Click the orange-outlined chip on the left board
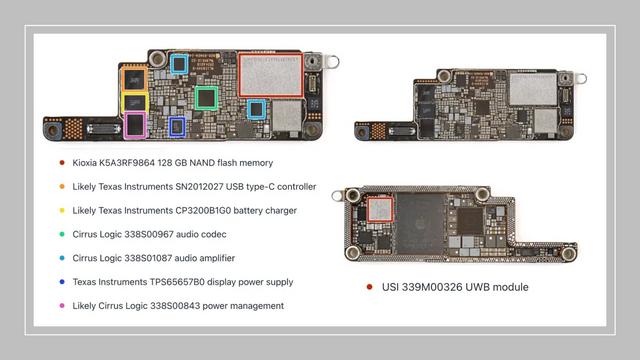[134, 78]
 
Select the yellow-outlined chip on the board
[134, 102]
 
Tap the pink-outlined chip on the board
[135, 125]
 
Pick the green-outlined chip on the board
[206, 98]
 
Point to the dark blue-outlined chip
[177, 127]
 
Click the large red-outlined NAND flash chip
[271, 75]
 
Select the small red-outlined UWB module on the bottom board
[380, 209]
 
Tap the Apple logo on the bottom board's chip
[420, 224]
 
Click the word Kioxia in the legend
[84, 163]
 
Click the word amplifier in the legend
[218, 258]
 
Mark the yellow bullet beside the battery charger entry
[62, 211]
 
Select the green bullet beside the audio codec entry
[62, 234]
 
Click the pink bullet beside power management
[62, 306]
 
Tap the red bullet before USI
[369, 287]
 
